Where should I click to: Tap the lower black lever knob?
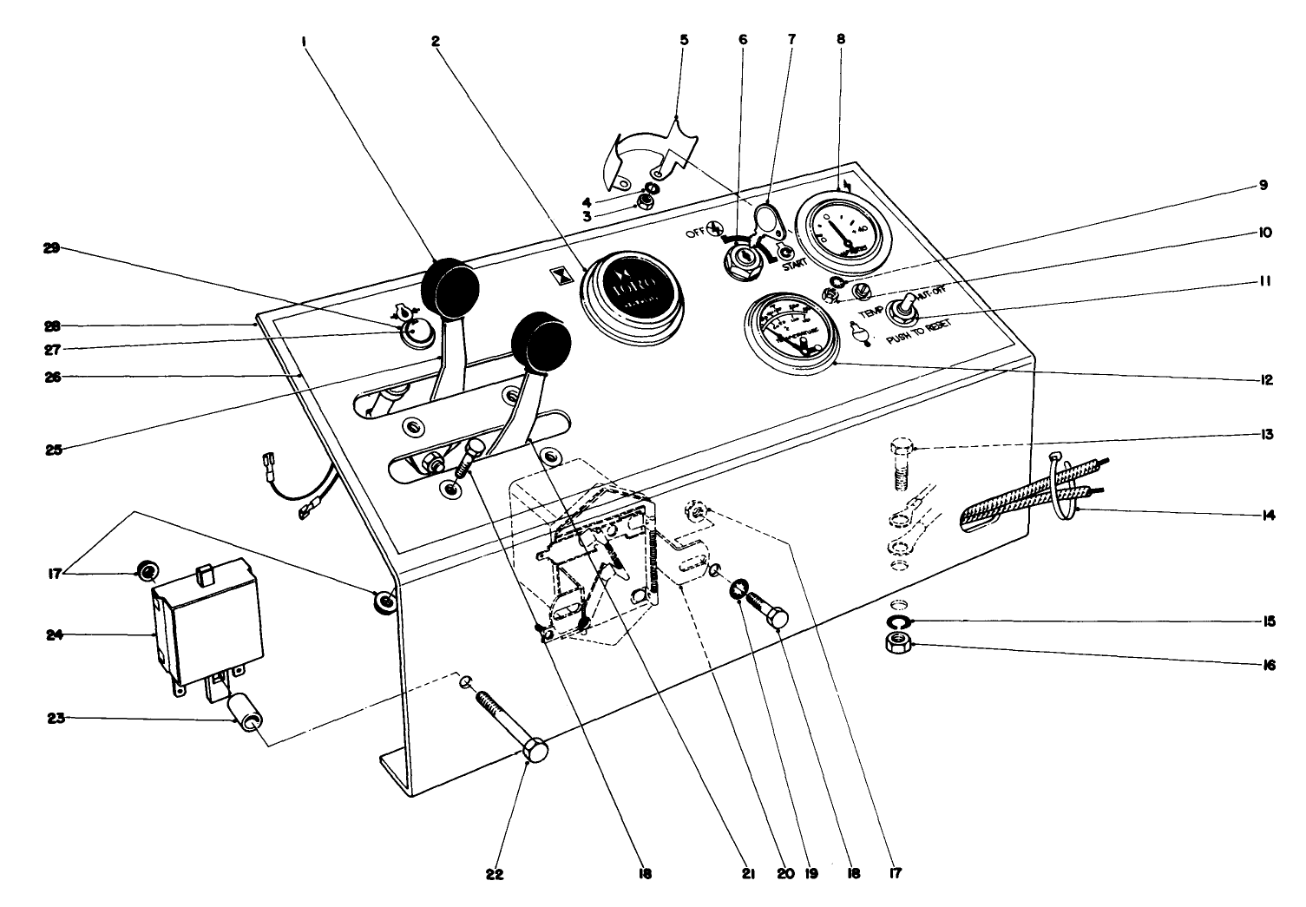(542, 341)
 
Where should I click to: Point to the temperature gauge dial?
(789, 333)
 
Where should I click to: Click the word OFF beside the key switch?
(695, 233)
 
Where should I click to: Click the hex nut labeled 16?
(898, 643)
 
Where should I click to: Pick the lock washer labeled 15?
(898, 621)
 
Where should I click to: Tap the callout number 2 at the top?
(436, 39)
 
